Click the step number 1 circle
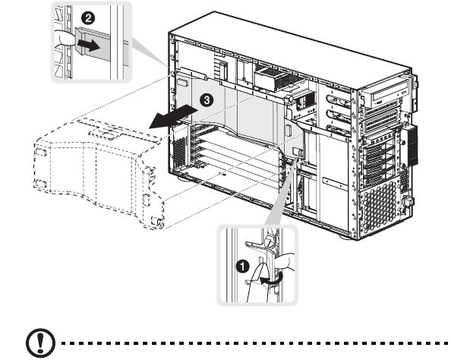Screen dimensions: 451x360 [242, 266]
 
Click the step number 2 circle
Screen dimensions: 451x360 [88, 18]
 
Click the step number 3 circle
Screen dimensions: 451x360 [207, 100]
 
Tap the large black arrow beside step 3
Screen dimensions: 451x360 [173, 116]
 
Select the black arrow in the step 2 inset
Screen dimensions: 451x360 [89, 46]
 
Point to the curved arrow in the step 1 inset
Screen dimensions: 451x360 [272, 279]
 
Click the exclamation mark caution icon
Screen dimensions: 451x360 [40, 343]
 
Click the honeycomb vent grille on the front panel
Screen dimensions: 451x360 [380, 204]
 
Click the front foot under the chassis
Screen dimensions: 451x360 [346, 237]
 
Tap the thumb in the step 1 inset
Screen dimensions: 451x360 [284, 261]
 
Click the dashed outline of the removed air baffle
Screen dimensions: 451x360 [99, 172]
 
